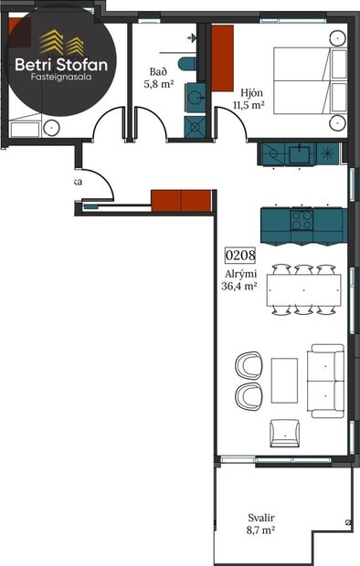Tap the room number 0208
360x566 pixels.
click(x=239, y=257)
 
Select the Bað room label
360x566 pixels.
click(x=157, y=72)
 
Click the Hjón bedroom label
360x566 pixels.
click(x=251, y=94)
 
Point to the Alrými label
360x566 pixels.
click(x=239, y=273)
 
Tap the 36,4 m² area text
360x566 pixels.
click(x=239, y=286)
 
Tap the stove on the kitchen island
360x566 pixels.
click(x=302, y=219)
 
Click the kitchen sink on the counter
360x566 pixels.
click(x=298, y=152)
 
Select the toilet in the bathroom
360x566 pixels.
click(x=186, y=63)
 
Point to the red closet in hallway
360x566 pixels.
click(x=180, y=199)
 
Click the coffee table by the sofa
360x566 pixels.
click(x=284, y=379)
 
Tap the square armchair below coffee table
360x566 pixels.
click(x=284, y=430)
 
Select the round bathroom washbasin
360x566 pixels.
click(x=195, y=96)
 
